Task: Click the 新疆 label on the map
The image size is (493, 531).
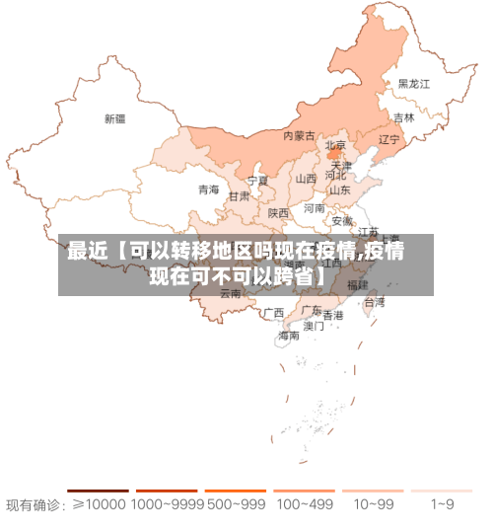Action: (x=115, y=118)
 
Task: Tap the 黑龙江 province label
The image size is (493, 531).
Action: (x=414, y=85)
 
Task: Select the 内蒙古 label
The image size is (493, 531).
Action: (x=299, y=135)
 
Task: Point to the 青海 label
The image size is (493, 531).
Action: (x=208, y=190)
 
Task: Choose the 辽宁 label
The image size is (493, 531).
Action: (x=389, y=140)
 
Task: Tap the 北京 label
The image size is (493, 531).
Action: (x=335, y=145)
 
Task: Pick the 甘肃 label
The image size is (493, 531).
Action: (x=240, y=196)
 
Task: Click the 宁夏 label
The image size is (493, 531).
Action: (x=257, y=181)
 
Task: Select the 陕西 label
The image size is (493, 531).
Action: (x=279, y=212)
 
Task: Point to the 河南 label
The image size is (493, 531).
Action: (x=315, y=208)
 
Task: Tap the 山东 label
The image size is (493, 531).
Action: (x=339, y=190)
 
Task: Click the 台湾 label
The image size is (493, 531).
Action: (x=375, y=302)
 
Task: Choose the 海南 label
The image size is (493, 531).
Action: (x=289, y=336)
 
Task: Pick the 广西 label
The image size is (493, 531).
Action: (x=273, y=313)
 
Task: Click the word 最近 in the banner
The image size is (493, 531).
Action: (x=86, y=253)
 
